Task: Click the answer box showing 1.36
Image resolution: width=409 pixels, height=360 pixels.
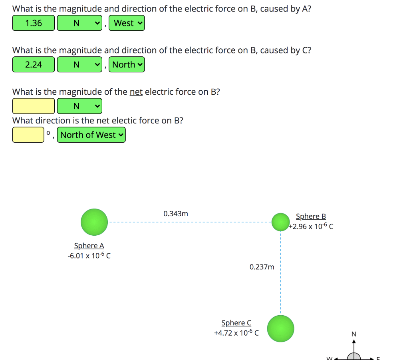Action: pos(33,23)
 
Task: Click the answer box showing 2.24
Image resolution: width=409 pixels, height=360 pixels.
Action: pos(33,65)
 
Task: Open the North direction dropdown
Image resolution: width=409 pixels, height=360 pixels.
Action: pos(127,65)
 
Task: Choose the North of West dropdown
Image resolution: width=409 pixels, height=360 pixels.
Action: pos(91,135)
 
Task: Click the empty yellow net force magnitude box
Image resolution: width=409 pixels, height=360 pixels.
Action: pos(33,106)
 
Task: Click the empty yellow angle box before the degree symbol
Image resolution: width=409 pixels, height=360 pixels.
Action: pos(28,135)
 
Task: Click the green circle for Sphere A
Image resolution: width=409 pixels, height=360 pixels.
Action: pos(94,222)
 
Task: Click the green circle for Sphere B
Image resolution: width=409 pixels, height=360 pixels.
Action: pos(280,222)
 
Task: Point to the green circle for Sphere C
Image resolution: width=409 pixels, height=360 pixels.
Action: pos(280,328)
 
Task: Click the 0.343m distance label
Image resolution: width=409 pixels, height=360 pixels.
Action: pos(176,214)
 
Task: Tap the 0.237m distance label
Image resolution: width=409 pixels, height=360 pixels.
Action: pos(262,267)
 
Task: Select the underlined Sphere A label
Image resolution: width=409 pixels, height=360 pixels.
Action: pos(89,246)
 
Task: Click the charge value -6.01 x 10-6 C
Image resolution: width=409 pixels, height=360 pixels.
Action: pos(89,256)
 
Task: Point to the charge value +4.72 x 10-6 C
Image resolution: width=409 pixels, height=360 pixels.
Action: pos(236,332)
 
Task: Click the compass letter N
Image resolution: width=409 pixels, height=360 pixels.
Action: pos(353,334)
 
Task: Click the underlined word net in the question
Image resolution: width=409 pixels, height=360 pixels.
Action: pos(136,92)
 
